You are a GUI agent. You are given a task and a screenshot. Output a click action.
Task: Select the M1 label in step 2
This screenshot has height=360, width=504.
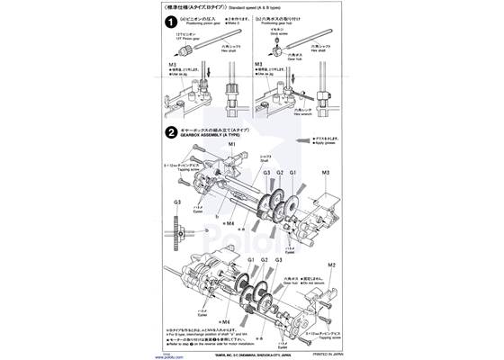[231, 144]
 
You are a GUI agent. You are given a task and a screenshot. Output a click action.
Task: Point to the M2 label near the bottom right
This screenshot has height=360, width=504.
[330, 265]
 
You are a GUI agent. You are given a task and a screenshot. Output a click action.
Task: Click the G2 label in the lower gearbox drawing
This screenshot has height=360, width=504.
[264, 260]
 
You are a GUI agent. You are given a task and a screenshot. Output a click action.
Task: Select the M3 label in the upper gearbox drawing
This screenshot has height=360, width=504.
[325, 172]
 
